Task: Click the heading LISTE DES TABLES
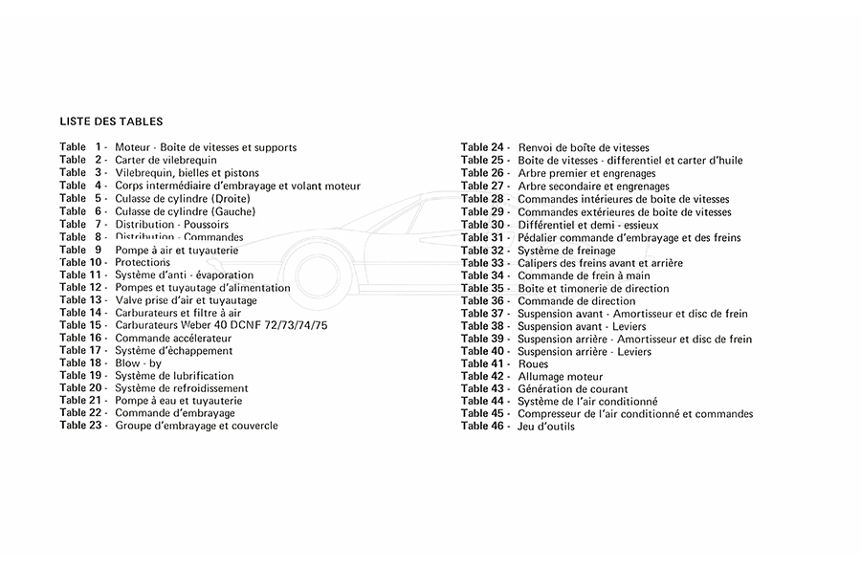pos(111,121)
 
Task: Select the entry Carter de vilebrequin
pos(166,160)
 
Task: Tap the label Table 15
pos(82,325)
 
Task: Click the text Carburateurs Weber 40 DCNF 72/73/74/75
pos(221,325)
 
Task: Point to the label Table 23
pos(82,426)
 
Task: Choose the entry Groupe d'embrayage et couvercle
pos(196,426)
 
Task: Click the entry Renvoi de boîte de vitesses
pos(584,147)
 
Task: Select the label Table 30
pos(484,224)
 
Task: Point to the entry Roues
pos(533,364)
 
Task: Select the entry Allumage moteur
pos(560,377)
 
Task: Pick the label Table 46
pos(484,427)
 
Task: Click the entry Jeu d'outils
pos(546,427)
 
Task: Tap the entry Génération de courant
pos(572,389)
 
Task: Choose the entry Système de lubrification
pos(173,376)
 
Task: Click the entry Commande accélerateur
pos(173,338)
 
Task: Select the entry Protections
pos(143,262)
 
